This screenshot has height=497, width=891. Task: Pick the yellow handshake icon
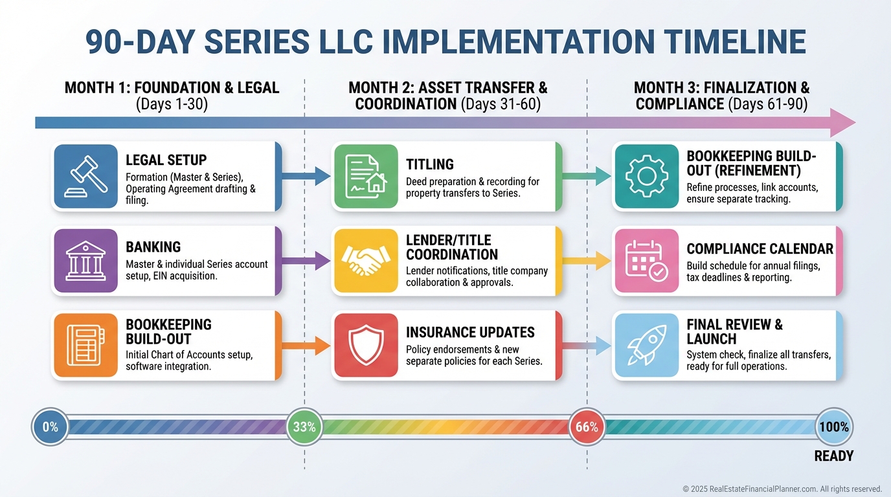[365, 260]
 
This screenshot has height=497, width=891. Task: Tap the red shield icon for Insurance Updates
[365, 345]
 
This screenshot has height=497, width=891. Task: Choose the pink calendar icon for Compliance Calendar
[647, 260]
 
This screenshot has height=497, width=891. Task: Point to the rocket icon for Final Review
[647, 345]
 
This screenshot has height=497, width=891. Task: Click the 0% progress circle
[51, 427]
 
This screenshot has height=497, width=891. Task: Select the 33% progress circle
[304, 427]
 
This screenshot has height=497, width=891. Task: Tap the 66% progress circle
[587, 427]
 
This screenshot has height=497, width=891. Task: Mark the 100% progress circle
[833, 427]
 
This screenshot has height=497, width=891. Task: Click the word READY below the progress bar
[833, 456]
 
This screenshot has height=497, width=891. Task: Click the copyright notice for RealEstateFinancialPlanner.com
[782, 489]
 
